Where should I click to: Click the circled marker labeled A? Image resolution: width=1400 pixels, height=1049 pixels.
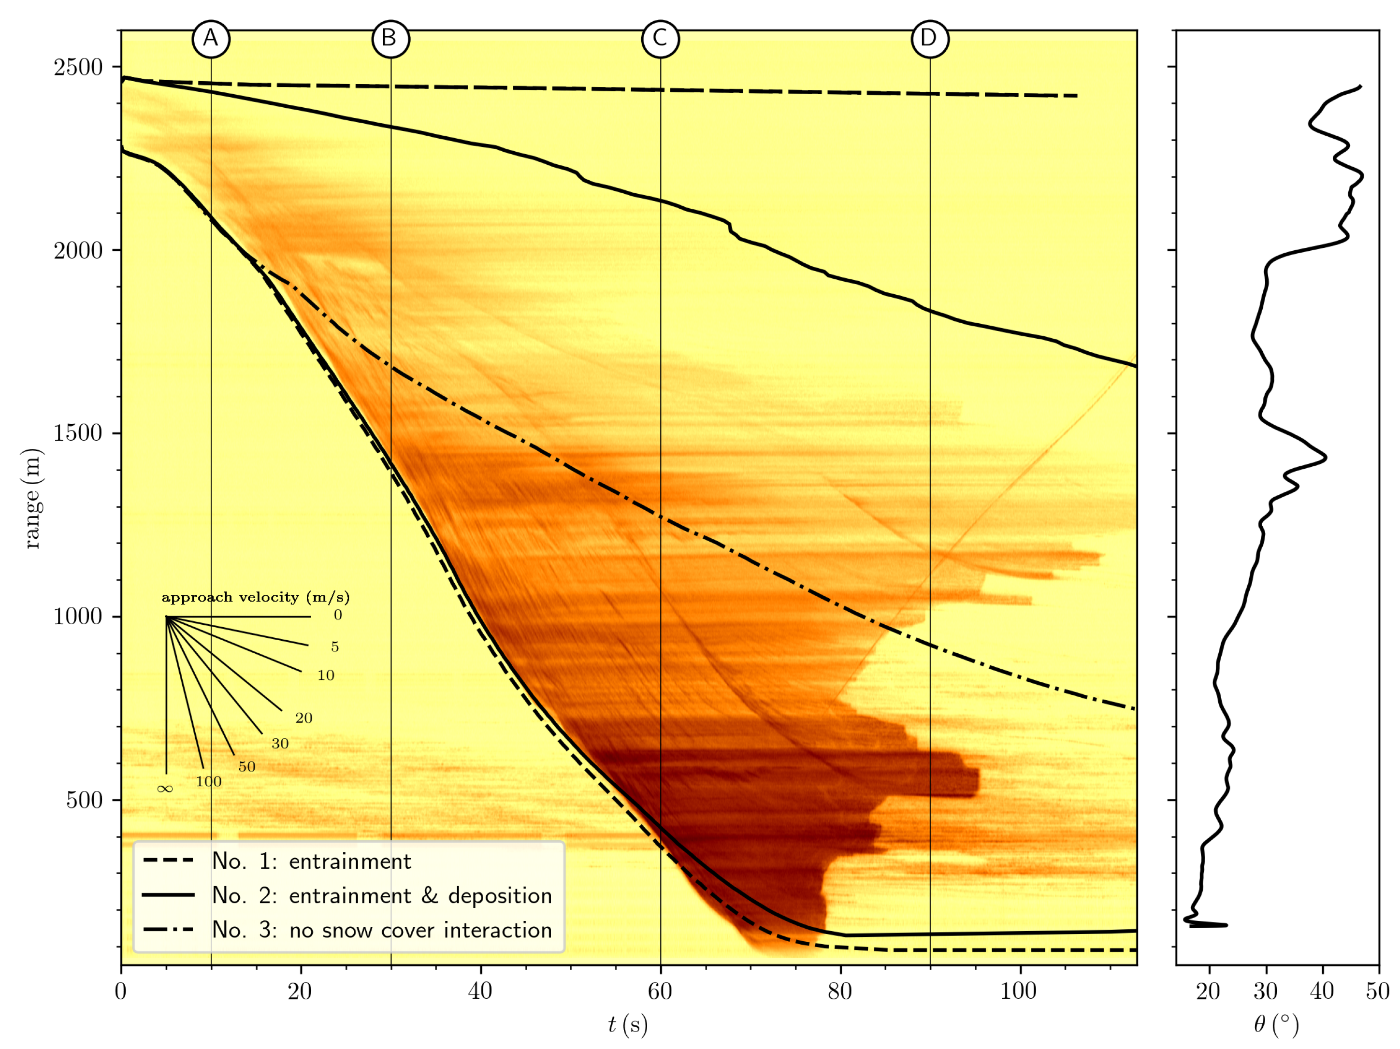[211, 39]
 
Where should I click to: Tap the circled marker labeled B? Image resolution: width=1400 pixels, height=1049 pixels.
[390, 39]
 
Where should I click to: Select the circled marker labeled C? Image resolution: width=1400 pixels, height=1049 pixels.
[660, 39]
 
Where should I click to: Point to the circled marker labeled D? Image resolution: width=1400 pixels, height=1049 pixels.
[930, 39]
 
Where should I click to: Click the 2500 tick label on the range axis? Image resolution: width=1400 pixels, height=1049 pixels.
[78, 67]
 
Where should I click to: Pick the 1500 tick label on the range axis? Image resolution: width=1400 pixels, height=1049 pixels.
[78, 433]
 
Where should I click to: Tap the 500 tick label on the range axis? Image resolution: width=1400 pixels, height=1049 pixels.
[85, 800]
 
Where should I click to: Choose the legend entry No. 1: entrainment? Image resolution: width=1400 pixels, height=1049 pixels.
[311, 861]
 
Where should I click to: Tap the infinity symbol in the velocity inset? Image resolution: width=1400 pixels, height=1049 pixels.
[165, 789]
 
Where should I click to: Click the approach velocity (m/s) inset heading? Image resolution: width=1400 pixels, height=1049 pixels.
[256, 597]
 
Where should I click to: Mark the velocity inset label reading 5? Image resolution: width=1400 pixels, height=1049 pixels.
[335, 647]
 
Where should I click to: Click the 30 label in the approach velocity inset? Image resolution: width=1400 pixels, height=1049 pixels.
[280, 744]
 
